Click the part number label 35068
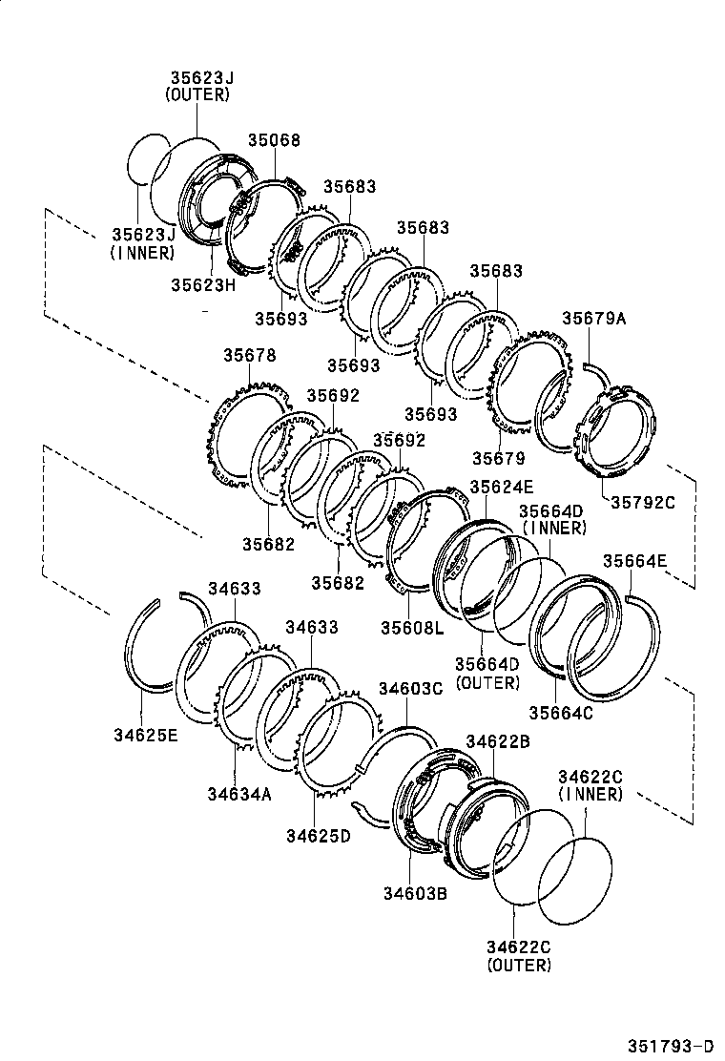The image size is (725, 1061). pos(274,140)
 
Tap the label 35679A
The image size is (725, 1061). pos(594,319)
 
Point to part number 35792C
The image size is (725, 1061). pos(642,502)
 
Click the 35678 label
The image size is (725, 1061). pos(250,355)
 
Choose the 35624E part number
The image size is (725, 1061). pos(502,487)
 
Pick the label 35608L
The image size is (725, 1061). pos(411,627)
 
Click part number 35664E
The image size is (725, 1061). pos(635,561)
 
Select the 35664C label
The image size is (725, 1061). pos(562,711)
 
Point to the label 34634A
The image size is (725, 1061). pos(239,793)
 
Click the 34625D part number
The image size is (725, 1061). pos(318,836)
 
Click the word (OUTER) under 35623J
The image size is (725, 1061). pos(197,94)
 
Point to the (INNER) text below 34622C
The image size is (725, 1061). pos(590,794)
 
